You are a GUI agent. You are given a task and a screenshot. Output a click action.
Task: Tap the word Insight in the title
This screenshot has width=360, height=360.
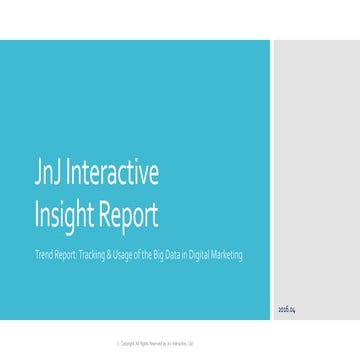pyautogui.click(x=66, y=214)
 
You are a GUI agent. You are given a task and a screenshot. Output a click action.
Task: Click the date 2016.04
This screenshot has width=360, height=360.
pyautogui.click(x=287, y=311)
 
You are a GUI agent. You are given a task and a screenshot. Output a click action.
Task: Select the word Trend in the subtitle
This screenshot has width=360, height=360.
pyautogui.click(x=42, y=254)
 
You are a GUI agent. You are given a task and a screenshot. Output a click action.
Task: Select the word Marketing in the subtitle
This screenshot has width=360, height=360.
pyautogui.click(x=226, y=254)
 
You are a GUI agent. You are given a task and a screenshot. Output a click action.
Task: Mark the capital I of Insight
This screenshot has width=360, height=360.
pyautogui.click(x=37, y=214)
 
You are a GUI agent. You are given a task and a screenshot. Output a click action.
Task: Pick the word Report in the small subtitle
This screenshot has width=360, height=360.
pyautogui.click(x=62, y=254)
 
